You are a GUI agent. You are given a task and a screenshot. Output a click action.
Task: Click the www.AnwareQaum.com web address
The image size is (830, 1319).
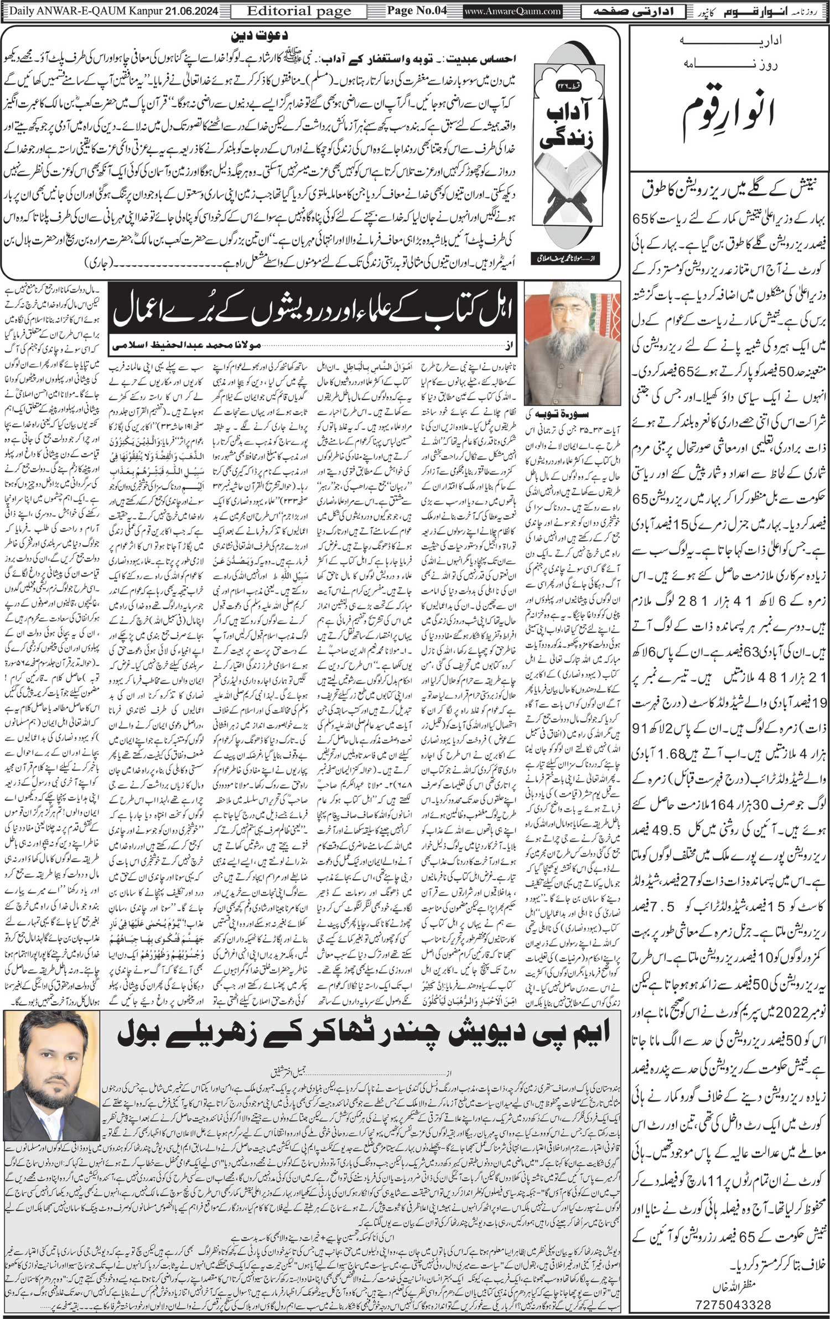coord(504,11)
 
